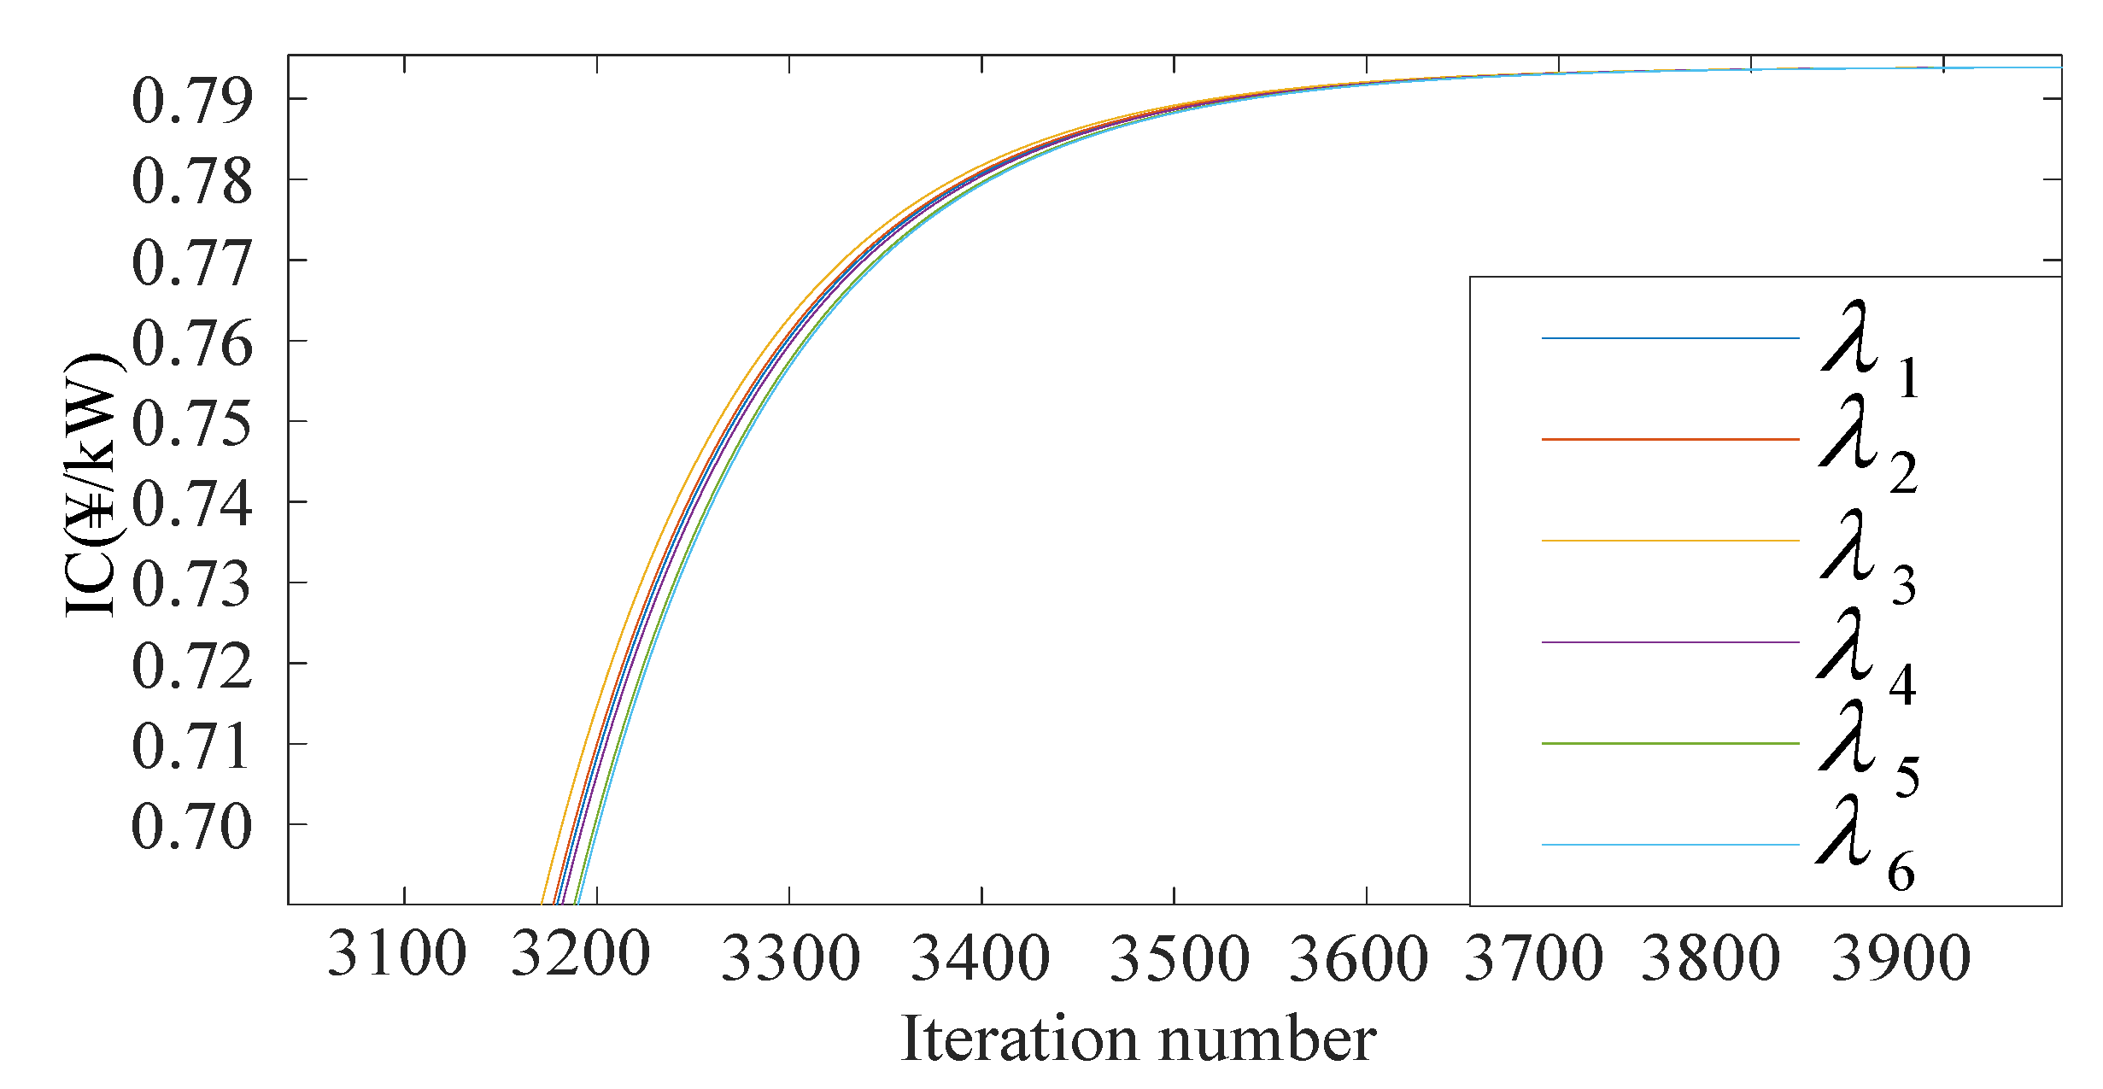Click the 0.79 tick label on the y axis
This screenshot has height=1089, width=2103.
(192, 102)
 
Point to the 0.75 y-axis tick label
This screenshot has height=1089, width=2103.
(192, 424)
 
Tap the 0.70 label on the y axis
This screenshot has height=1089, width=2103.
(192, 827)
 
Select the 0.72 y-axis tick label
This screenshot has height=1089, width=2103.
(192, 665)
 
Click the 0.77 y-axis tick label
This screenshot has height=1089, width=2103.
(192, 262)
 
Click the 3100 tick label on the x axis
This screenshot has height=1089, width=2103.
(396, 955)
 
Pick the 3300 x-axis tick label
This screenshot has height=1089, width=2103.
(790, 957)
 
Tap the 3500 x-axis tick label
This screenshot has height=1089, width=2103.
(1179, 957)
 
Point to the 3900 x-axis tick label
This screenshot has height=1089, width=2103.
(1901, 957)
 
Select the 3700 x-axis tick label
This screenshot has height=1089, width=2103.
(1534, 957)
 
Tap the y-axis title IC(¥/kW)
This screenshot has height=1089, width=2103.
(92, 485)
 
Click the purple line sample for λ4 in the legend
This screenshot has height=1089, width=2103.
(1670, 642)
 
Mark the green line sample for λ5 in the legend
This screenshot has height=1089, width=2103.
(1670, 744)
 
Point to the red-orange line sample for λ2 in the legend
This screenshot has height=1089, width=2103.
(1670, 440)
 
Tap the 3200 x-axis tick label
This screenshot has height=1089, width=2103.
(581, 955)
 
